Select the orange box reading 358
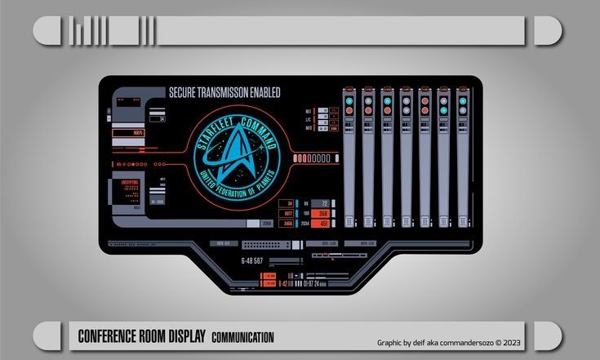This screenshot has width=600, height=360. pyautogui.click(x=323, y=213)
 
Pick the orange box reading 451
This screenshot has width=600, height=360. pyautogui.click(x=323, y=223)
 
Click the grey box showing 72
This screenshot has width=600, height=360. pyautogui.click(x=323, y=203)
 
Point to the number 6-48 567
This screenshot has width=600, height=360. pyautogui.click(x=252, y=260)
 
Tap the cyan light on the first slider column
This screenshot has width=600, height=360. pyautogui.click(x=349, y=102)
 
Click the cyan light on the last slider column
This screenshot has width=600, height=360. pyautogui.click(x=462, y=102)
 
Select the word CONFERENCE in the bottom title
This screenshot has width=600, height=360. pyautogui.click(x=110, y=336)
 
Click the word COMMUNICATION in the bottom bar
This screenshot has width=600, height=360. pyautogui.click(x=242, y=337)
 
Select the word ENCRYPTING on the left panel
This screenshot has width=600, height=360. pyautogui.click(x=131, y=181)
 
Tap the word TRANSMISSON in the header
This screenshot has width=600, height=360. pyautogui.click(x=223, y=93)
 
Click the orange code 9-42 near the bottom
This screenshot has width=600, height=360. pyautogui.click(x=283, y=283)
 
